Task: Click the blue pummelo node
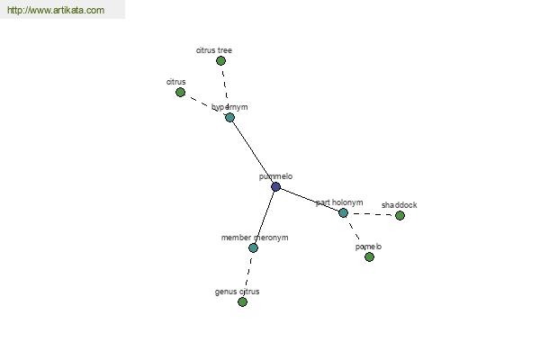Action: coord(275,186)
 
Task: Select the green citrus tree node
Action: coord(220,61)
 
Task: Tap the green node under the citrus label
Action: coord(180,93)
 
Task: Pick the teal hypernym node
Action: coord(229,118)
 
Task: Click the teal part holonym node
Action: coord(343,213)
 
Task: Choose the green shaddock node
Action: coord(400,216)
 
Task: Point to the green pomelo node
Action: coord(369,257)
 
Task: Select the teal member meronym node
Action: coord(253,247)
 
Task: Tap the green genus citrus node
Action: coord(242,302)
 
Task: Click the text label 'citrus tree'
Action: coord(214,50)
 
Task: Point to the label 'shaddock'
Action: coord(399,205)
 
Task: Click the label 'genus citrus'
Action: coord(237,292)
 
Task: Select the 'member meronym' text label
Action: coord(255,238)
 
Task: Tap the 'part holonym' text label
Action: coord(339,202)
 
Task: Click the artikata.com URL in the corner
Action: coord(56,10)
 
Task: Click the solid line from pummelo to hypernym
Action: coord(253,152)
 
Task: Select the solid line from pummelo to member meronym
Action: coord(265,217)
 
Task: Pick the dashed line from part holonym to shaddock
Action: coord(371,214)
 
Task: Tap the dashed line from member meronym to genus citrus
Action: coord(248,272)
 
